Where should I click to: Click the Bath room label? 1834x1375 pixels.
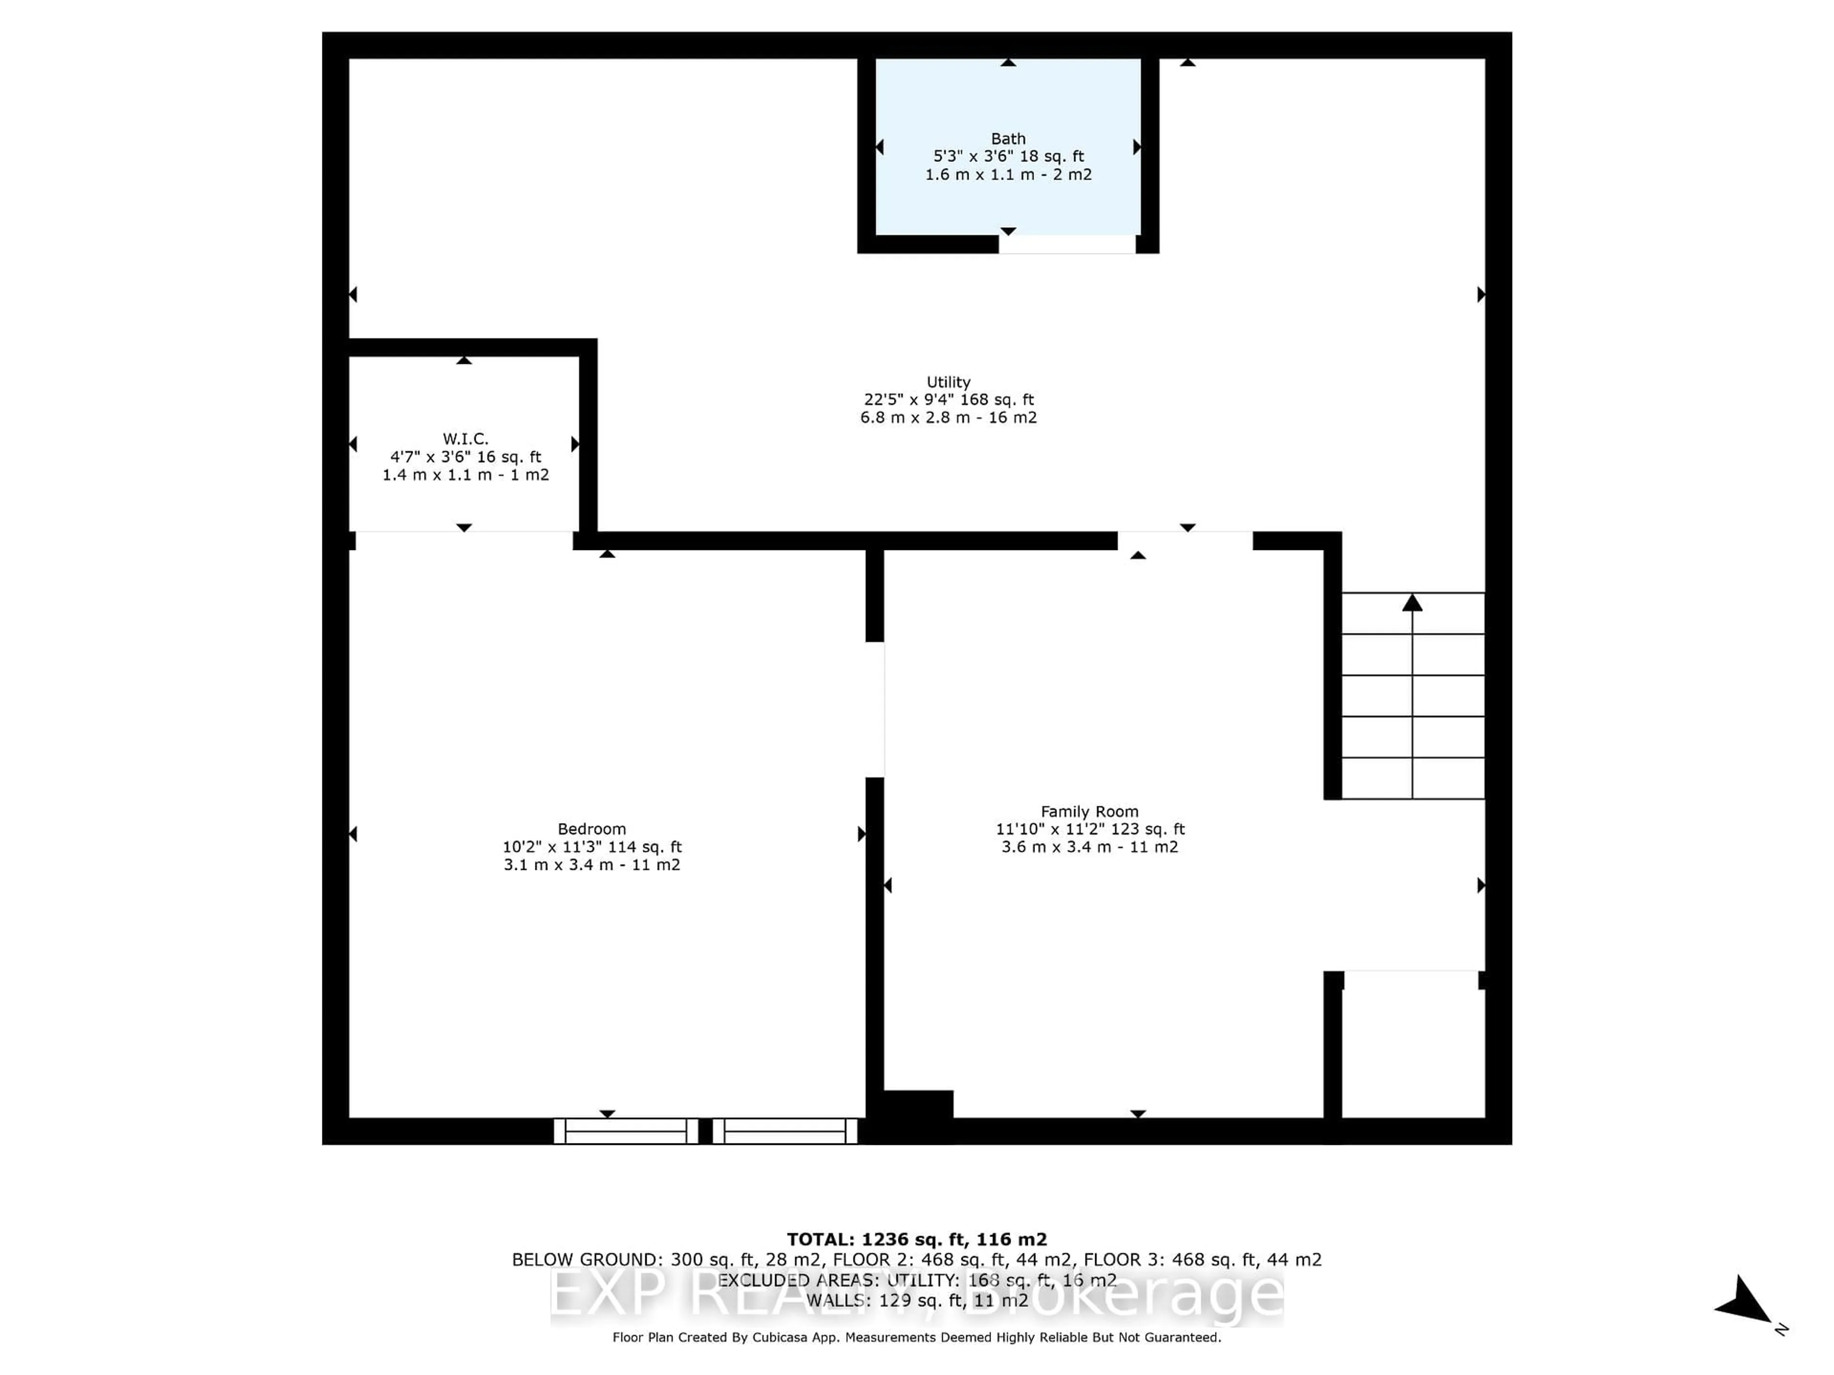pyautogui.click(x=1008, y=138)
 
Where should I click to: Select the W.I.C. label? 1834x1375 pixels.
pyautogui.click(x=465, y=438)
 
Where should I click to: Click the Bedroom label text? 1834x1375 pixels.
pyautogui.click(x=591, y=829)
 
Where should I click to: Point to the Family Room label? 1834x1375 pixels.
pyautogui.click(x=1089, y=812)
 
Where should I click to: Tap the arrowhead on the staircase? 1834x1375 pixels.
pyautogui.click(x=1412, y=603)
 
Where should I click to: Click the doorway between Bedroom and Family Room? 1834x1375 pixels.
pyautogui.click(x=874, y=709)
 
